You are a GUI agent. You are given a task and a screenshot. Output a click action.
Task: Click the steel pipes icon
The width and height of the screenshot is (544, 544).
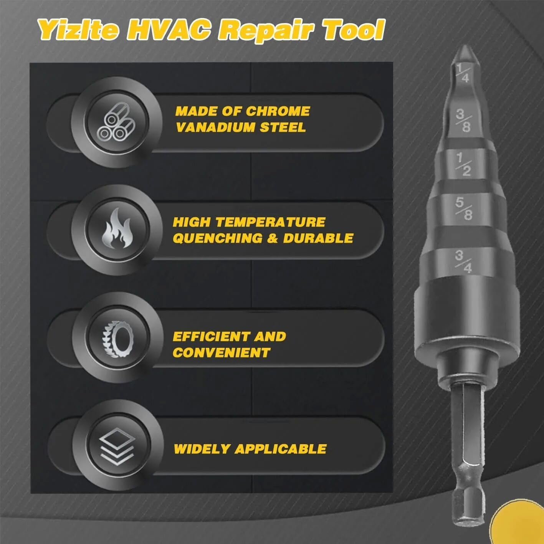[x=116, y=122]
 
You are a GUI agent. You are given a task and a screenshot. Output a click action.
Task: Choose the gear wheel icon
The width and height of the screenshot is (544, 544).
[x=117, y=337]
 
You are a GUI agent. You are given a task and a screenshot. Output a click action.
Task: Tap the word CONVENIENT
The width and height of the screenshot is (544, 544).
[x=222, y=352]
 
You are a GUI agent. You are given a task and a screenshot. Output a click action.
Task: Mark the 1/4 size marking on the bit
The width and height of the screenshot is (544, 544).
[x=463, y=73]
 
